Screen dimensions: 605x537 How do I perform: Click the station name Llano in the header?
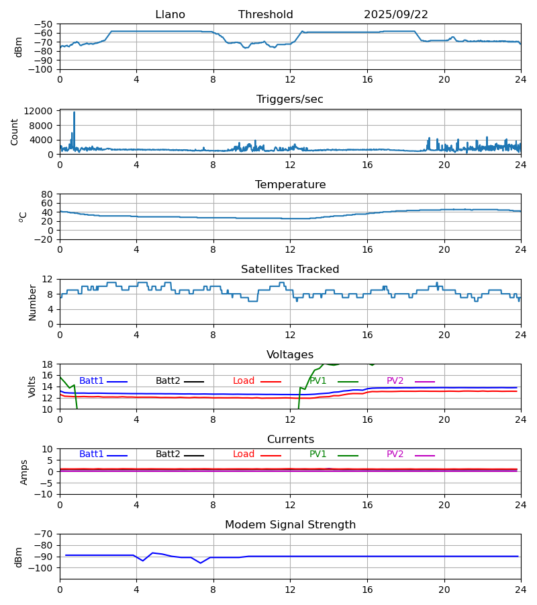tap(170, 15)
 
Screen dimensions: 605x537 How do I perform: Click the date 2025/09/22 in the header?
tap(396, 15)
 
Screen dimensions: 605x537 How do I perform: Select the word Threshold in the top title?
tap(265, 15)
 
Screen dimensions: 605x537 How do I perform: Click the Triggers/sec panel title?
tap(289, 99)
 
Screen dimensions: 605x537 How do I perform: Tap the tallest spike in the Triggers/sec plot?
tap(74, 113)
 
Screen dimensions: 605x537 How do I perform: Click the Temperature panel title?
tap(290, 185)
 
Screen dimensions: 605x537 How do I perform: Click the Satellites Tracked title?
tap(290, 270)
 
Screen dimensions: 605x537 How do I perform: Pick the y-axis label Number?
tap(33, 302)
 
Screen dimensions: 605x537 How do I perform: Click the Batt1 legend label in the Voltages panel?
tap(91, 381)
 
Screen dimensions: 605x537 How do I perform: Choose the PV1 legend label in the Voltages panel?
tap(318, 381)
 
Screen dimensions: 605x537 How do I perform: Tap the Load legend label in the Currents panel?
tap(244, 454)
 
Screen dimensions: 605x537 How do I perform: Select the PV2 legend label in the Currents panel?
tap(395, 454)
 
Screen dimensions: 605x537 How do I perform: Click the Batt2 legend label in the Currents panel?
tap(168, 454)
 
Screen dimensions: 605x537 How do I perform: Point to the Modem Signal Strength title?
tap(290, 525)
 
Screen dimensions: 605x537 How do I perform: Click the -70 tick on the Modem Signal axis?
tap(45, 534)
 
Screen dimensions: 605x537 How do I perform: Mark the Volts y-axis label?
tap(32, 387)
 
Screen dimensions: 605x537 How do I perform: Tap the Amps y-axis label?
tap(25, 472)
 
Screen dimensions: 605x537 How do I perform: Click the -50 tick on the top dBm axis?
tap(45, 24)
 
